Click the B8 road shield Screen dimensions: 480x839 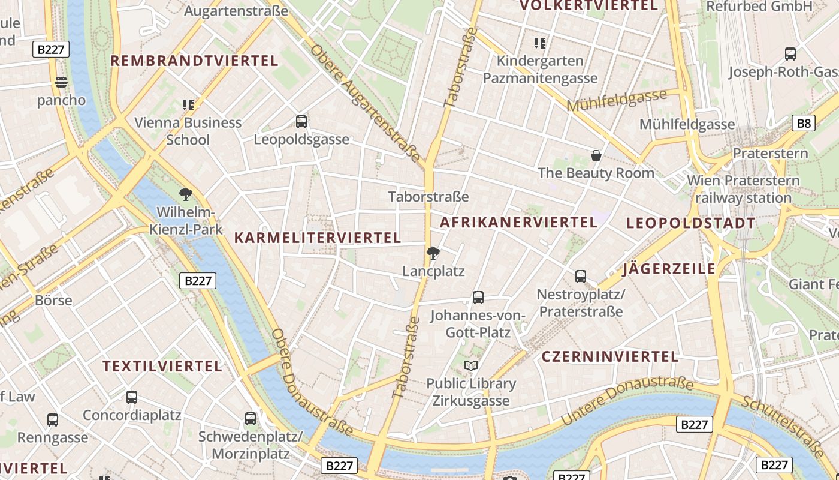[x=804, y=124]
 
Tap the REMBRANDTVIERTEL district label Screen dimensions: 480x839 [x=195, y=61]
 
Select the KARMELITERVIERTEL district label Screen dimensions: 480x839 [x=318, y=238]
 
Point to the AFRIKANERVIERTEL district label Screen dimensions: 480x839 [x=519, y=222]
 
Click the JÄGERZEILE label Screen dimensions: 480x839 [x=669, y=269]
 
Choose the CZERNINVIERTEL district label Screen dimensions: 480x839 [x=610, y=356]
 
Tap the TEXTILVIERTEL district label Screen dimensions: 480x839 [x=162, y=366]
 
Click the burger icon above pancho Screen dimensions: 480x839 [x=61, y=82]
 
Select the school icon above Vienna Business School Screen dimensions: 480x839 [x=188, y=105]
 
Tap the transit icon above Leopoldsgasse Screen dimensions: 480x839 [x=301, y=122]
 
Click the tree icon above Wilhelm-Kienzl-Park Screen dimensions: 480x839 [x=186, y=194]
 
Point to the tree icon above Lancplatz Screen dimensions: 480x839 [x=433, y=253]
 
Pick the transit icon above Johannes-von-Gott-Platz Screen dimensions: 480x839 [x=478, y=297]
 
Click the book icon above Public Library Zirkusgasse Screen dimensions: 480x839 [x=471, y=365]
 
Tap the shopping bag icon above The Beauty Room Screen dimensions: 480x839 [x=596, y=155]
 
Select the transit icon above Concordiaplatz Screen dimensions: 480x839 [x=132, y=397]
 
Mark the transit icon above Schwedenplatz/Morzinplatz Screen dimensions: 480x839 [x=251, y=418]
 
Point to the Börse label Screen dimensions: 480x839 [x=54, y=300]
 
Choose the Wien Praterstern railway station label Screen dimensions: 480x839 [x=743, y=189]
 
